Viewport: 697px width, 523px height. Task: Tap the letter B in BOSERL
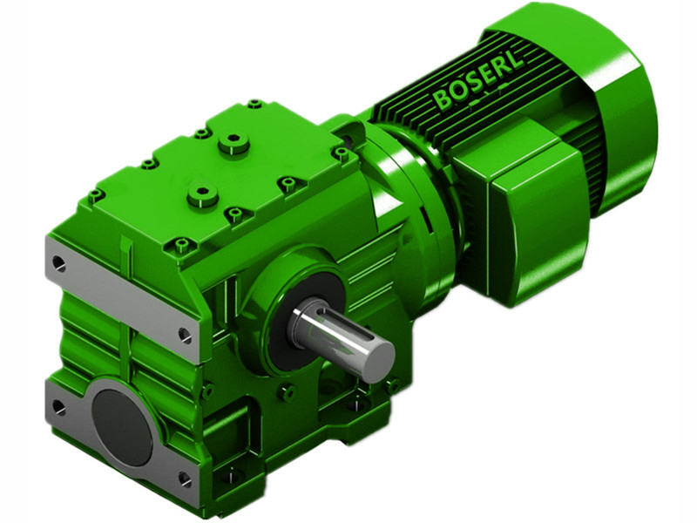click(x=443, y=100)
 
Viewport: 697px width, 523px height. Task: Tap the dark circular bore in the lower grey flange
click(x=122, y=425)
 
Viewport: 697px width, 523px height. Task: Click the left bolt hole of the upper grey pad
click(x=58, y=261)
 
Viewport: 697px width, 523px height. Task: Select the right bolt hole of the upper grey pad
click(x=185, y=334)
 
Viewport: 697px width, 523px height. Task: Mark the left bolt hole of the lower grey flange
click(x=58, y=406)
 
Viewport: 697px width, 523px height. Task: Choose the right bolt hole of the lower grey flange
click(x=184, y=479)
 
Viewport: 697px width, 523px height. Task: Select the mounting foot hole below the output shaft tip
click(x=355, y=404)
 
